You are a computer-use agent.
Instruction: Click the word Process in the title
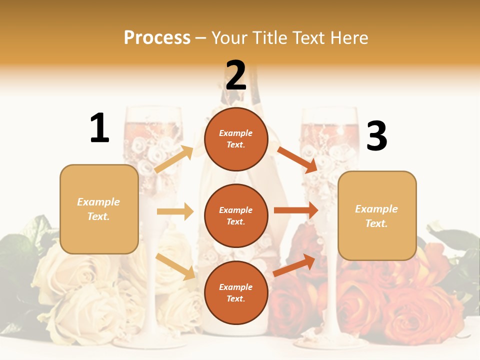point(157,38)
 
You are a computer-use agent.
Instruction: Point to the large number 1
point(99,128)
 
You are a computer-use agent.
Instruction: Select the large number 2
point(236,75)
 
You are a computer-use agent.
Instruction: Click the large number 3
point(376,136)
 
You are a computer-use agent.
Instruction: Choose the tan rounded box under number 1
point(99,209)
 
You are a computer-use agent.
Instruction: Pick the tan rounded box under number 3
point(377,216)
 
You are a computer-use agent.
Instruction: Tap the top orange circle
point(236,139)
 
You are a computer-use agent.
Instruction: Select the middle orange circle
point(236,215)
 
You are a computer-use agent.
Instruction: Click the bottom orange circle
point(236,292)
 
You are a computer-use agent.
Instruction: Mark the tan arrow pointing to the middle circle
point(175,211)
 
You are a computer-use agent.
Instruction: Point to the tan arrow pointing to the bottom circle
point(175,266)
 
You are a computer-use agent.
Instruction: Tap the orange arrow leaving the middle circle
point(296,210)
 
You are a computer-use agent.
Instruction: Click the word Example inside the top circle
point(236,133)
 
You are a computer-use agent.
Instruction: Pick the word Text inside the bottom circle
point(235,298)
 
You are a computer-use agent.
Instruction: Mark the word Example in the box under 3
point(376,209)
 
